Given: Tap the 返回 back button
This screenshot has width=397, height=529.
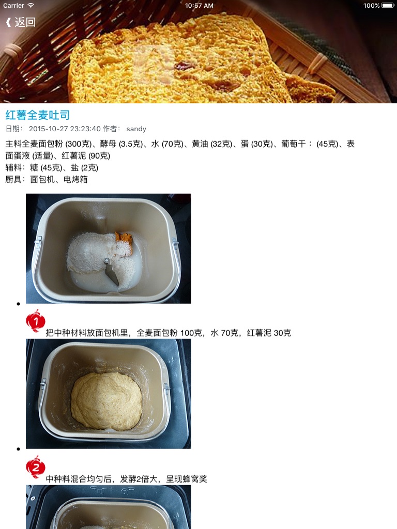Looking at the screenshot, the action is tap(21, 22).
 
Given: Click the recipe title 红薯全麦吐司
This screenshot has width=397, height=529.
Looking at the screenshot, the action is tap(37, 115).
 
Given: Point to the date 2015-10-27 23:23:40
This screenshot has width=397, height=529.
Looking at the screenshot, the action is tap(65, 129).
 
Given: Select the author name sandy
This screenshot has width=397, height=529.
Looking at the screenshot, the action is tap(136, 129).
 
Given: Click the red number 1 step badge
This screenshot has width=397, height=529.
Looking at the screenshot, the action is tap(36, 320).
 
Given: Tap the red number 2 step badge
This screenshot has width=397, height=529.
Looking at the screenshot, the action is tap(36, 467).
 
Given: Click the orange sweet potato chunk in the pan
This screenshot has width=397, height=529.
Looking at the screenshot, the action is tap(124, 240).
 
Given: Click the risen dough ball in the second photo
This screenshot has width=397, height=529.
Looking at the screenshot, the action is tap(106, 401).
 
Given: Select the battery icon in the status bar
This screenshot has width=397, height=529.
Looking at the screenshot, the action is tap(388, 5).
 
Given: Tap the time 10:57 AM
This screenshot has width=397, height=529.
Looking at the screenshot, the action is tap(199, 5).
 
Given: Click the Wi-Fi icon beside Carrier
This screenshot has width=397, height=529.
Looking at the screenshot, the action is tap(30, 5).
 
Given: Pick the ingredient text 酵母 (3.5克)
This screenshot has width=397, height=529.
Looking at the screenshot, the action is tap(121, 144).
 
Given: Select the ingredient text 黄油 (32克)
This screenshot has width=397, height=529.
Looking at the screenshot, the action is tap(212, 144).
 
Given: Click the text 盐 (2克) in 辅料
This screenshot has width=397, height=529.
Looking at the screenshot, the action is tap(84, 168).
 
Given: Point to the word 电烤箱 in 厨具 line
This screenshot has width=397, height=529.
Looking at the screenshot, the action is tap(75, 179).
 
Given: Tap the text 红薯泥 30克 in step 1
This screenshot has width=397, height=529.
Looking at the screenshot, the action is tap(269, 333).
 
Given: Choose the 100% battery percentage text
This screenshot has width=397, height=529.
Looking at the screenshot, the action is tap(371, 5).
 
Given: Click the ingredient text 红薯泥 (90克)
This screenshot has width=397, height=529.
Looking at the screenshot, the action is tap(86, 156).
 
